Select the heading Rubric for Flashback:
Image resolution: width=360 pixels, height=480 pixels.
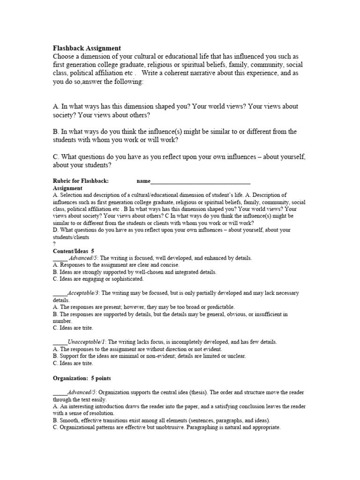81,180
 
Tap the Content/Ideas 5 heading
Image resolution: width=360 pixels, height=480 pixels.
74,251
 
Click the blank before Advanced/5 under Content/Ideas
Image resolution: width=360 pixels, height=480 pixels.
60,258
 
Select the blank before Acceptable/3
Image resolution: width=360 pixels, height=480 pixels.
60,293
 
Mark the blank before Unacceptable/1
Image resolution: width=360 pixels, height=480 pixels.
60,342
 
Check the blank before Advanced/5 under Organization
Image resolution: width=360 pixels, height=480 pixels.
60,392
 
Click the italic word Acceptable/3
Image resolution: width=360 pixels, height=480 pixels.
84,293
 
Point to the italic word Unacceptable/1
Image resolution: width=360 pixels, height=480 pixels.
88,342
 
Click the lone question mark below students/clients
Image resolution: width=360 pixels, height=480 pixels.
55,244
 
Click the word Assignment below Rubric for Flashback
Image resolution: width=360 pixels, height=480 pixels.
68,187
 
